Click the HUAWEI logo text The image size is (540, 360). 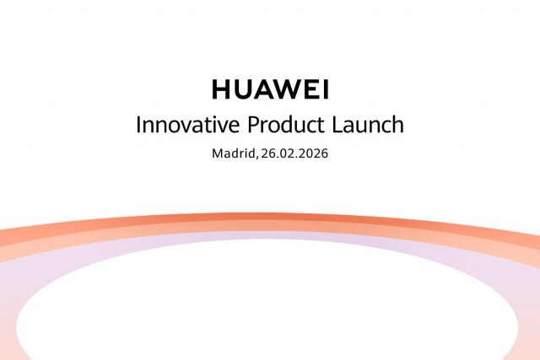269,89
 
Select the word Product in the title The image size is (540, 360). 282,125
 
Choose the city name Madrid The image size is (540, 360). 232,155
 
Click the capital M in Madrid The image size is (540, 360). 218,155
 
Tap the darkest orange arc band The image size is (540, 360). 270,216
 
